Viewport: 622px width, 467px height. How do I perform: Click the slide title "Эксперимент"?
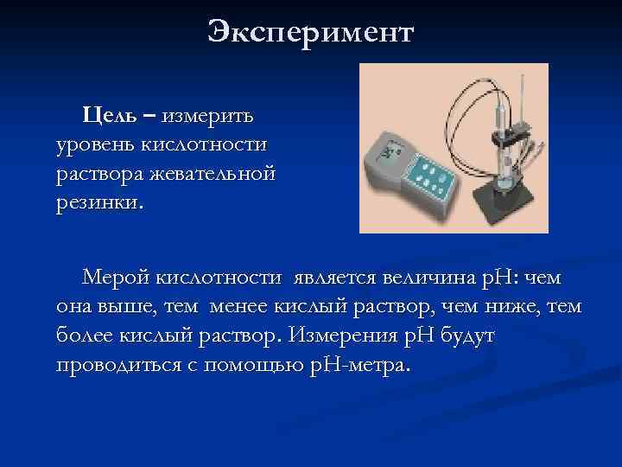[311, 34]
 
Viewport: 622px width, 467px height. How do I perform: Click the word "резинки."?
[101, 203]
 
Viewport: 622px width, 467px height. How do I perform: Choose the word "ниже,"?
[511, 307]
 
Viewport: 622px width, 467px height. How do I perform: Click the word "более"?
[86, 336]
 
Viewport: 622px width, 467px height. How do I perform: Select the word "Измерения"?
[341, 336]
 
